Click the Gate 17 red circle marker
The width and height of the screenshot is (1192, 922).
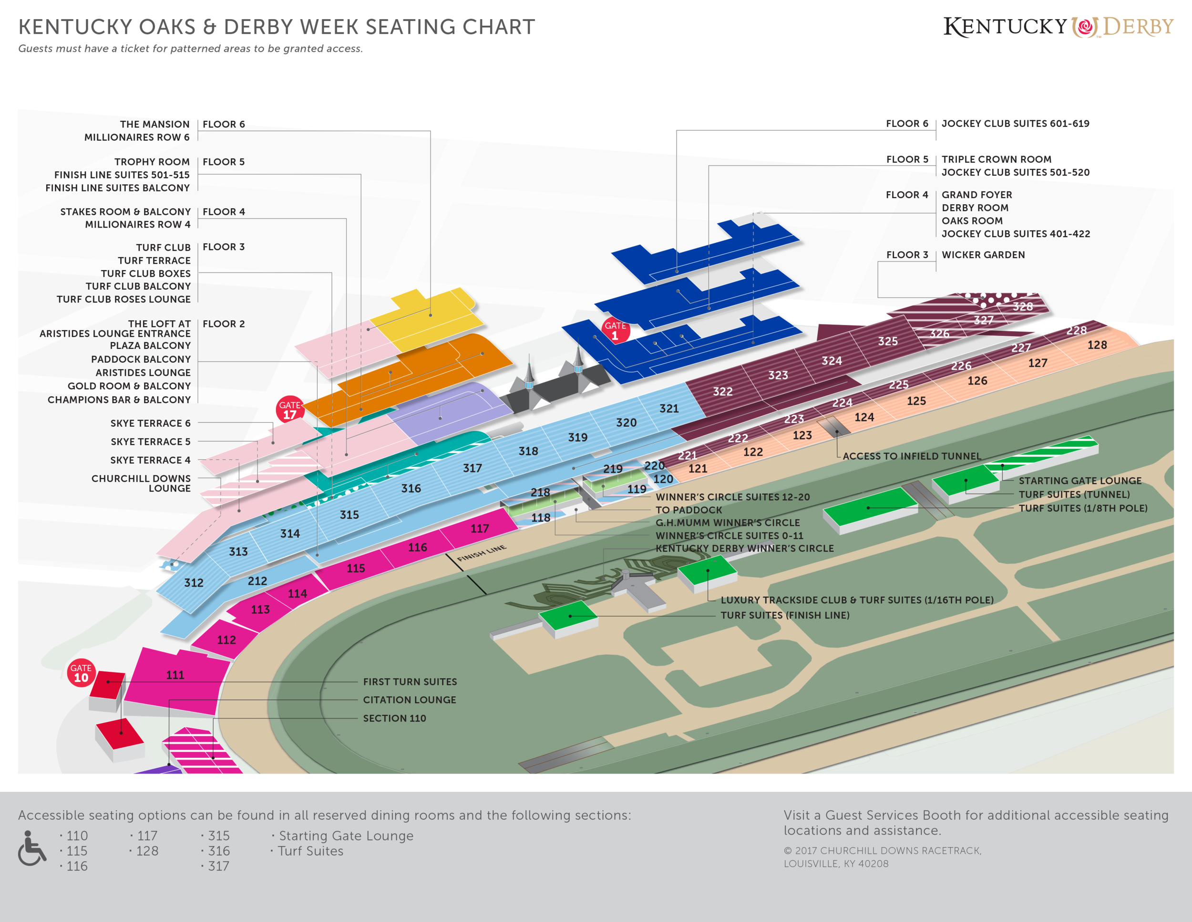(289, 409)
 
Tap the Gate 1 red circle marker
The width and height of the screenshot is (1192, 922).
(615, 330)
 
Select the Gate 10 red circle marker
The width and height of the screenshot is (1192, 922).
(81, 673)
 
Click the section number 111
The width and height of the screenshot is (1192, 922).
(175, 675)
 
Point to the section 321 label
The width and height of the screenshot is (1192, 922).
(669, 409)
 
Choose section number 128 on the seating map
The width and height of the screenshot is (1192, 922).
(1097, 345)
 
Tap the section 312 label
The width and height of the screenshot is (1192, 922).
(194, 583)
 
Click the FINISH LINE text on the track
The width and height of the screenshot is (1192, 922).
(482, 553)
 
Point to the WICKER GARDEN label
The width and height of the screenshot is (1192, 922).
(983, 254)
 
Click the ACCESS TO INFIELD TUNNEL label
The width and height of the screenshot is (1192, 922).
(912, 456)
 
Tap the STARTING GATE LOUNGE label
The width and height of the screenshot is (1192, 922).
(1079, 481)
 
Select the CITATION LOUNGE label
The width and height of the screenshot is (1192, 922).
(410, 700)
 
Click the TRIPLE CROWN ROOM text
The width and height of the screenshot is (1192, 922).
(996, 159)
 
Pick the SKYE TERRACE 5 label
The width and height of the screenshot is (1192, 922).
(151, 441)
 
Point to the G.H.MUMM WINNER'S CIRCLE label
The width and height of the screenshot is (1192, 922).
(728, 523)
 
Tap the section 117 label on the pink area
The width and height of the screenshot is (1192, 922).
(480, 528)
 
